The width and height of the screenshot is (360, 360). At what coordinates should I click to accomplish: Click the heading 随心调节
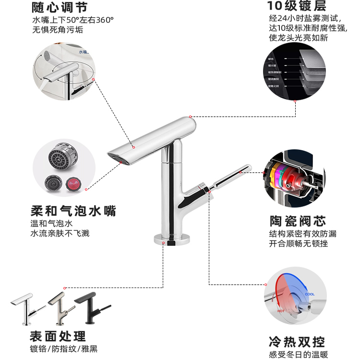pyautogui.click(x=60, y=7)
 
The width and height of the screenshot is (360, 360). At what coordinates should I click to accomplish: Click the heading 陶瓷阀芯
pyautogui.click(x=298, y=221)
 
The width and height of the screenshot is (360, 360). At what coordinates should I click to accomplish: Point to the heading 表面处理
pyautogui.click(x=58, y=336)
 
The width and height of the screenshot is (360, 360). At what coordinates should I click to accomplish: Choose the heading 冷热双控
pyautogui.click(x=297, y=342)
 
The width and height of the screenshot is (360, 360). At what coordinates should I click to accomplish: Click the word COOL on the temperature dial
pyautogui.click(x=310, y=294)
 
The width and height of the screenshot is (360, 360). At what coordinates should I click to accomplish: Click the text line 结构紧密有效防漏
pyautogui.click(x=302, y=234)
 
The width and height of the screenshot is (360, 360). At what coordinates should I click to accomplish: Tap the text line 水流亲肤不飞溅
pyautogui.click(x=60, y=233)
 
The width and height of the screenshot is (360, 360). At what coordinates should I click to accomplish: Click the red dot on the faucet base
pyautogui.click(x=164, y=243)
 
